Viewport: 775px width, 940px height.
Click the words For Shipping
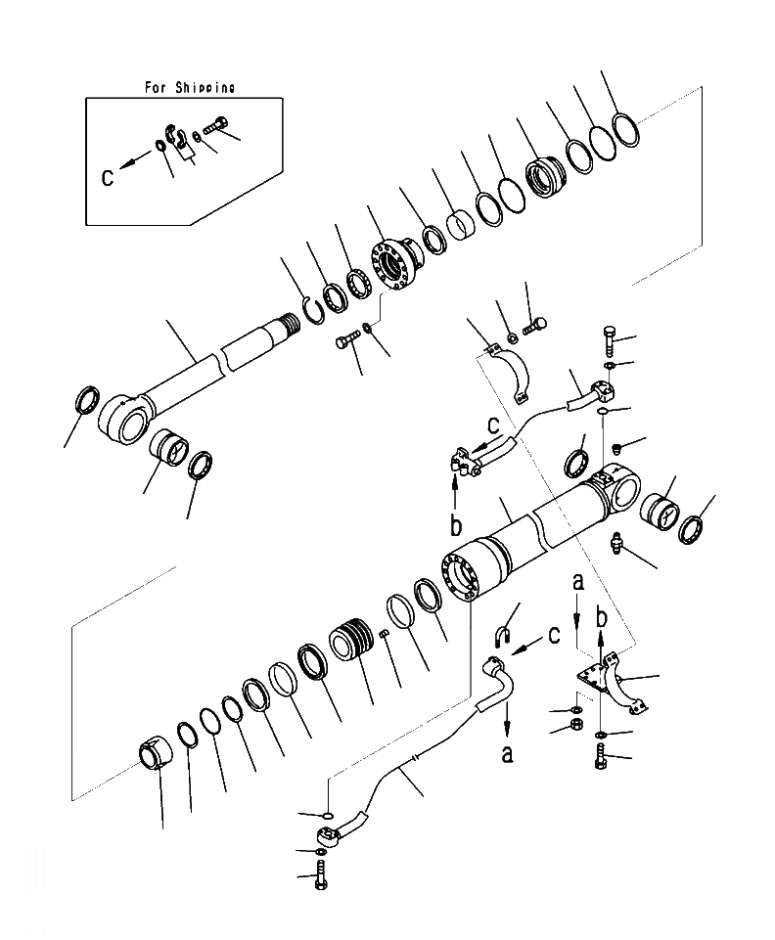(189, 87)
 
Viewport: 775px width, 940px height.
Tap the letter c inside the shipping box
(109, 177)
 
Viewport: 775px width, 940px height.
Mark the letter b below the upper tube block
(456, 524)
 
